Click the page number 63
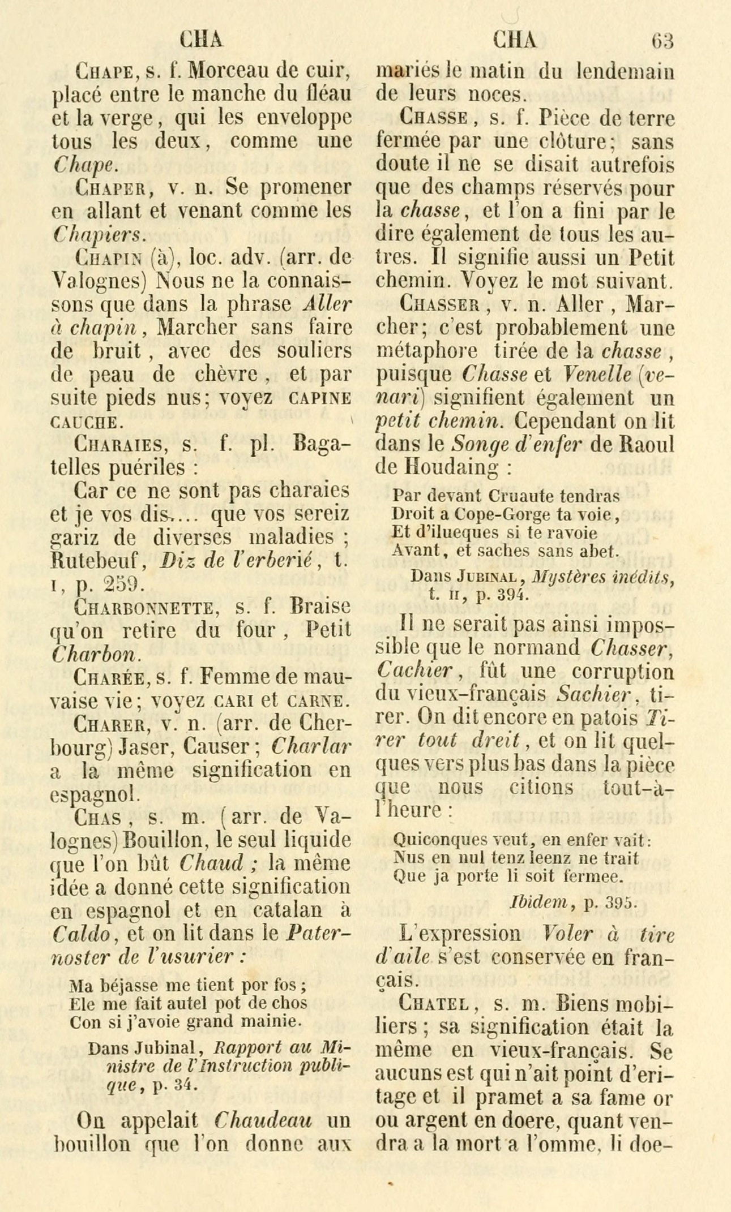coord(663,41)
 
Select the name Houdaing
coord(442,467)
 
